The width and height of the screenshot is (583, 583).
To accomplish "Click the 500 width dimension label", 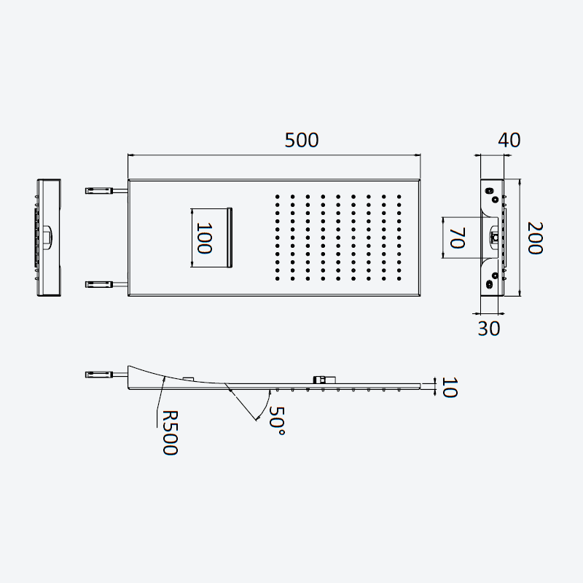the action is coord(302,140).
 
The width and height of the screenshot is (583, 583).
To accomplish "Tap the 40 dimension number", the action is coord(509,140).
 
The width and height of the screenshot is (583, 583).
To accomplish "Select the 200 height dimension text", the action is coord(536,238).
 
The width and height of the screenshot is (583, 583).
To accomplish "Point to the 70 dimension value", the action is coord(458,238).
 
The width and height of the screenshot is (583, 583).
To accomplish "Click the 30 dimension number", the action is coord(489,329).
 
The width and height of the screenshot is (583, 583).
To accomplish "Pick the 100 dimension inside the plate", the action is coord(204,238).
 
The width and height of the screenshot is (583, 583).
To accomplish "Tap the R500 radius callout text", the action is coord(171,432).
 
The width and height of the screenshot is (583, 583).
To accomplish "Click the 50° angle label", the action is coord(277,420).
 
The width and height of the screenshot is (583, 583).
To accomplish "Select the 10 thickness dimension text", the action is coord(449,388).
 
